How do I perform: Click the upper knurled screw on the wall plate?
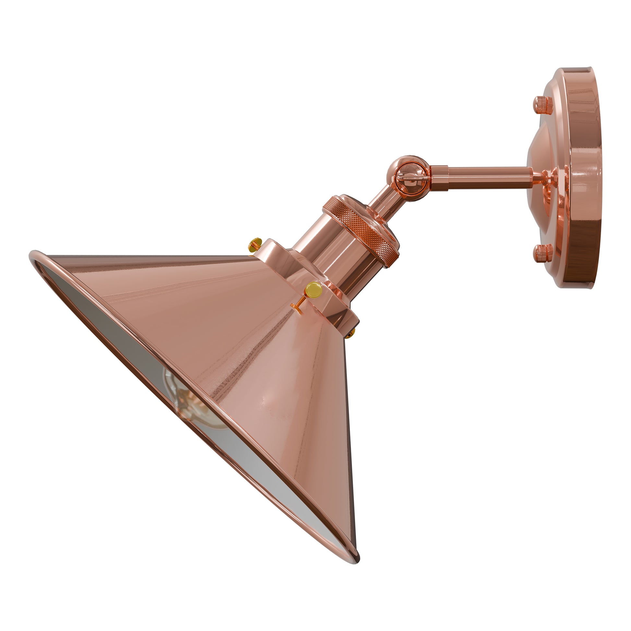pyautogui.click(x=540, y=102)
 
